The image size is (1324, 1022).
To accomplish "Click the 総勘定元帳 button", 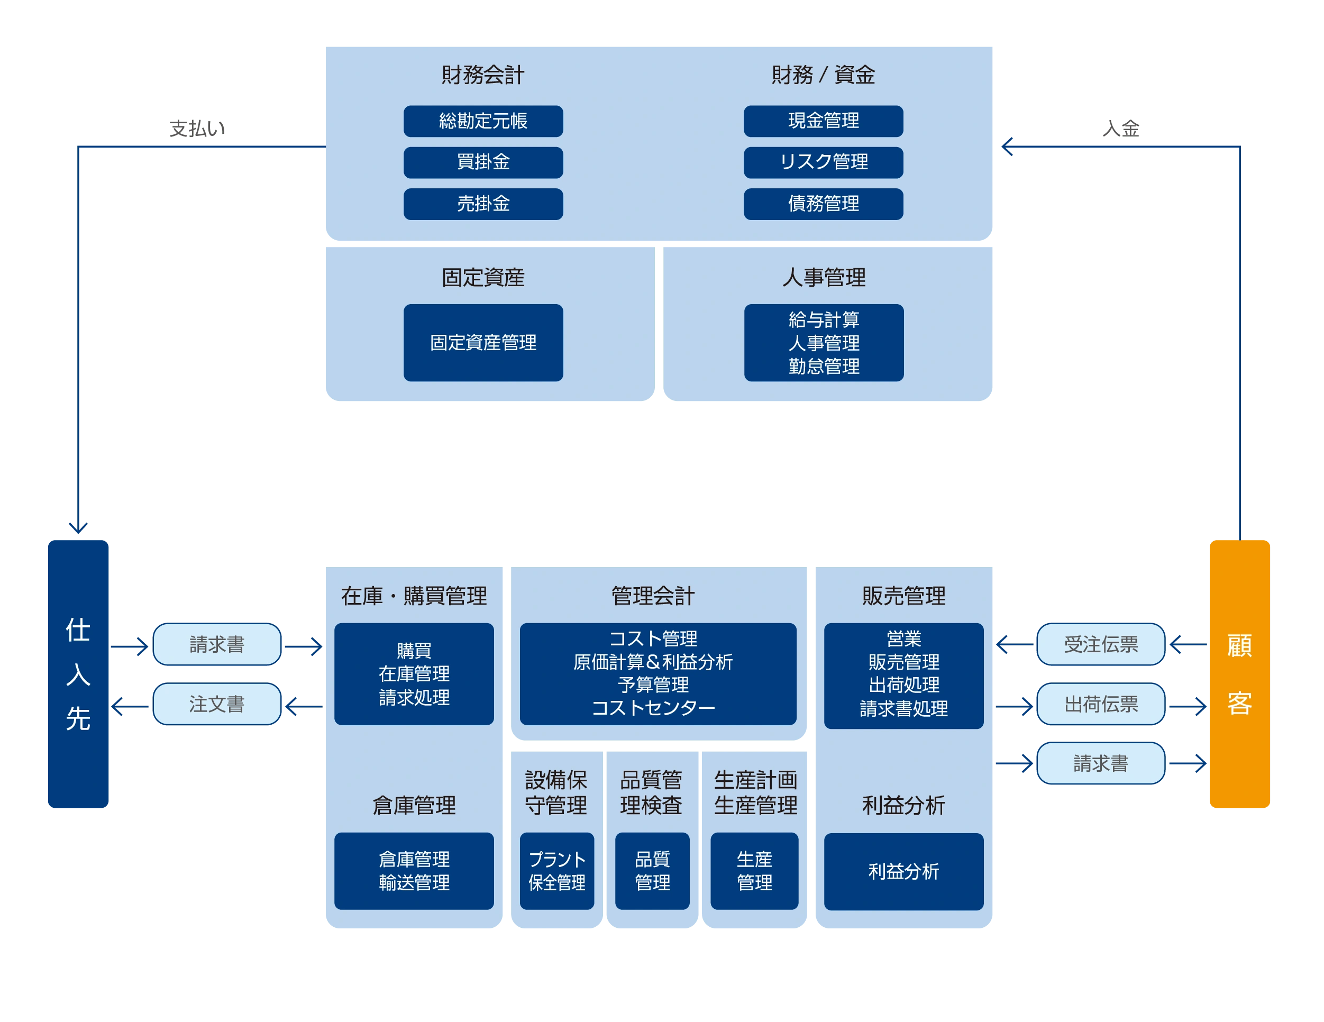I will tap(483, 121).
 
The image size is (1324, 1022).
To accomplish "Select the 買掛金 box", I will tap(483, 162).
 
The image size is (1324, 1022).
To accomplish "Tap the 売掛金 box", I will tap(483, 204).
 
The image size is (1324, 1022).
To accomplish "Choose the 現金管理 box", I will tap(823, 121).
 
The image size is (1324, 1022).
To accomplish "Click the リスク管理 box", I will tap(823, 162).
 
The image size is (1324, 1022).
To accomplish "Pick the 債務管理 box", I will tap(823, 204).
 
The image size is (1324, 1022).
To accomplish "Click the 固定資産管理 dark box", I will tap(483, 342).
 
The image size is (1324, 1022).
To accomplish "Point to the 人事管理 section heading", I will tap(823, 278).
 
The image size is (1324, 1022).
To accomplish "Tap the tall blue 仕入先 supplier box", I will tap(78, 673).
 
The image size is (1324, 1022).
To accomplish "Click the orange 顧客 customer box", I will tap(1239, 673).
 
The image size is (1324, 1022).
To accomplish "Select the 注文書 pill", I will tap(217, 704).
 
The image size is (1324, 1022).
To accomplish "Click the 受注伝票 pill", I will tap(1101, 644).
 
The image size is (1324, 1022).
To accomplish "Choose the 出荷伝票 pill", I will tap(1101, 704).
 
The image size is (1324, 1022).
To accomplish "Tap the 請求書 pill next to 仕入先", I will tap(217, 644).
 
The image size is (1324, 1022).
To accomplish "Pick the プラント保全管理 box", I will tap(556, 871).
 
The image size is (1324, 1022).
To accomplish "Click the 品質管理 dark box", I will tap(652, 871).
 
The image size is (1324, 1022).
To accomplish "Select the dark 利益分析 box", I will tap(903, 871).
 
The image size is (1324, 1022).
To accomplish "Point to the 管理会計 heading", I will tap(653, 596).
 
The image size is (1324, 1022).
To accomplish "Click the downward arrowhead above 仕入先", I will tap(78, 526).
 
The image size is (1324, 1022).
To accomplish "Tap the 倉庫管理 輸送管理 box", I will tap(414, 871).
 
